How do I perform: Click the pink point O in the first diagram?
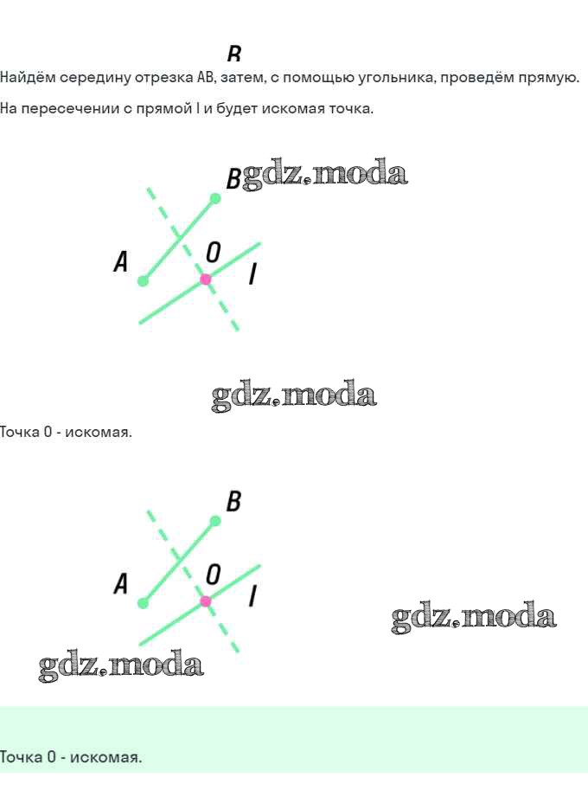click(x=206, y=279)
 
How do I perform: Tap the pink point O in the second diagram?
click(x=206, y=601)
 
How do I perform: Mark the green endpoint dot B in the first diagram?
click(x=215, y=198)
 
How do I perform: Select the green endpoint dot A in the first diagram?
click(x=144, y=280)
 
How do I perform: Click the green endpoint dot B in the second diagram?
click(x=215, y=521)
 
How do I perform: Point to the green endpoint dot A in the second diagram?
click(x=144, y=603)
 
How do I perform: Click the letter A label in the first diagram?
click(x=121, y=261)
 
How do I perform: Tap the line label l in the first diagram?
click(x=252, y=274)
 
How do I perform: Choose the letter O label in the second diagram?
click(x=214, y=575)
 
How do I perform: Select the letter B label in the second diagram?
click(x=233, y=501)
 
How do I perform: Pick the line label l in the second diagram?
click(x=252, y=597)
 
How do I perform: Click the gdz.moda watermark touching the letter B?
click(x=324, y=175)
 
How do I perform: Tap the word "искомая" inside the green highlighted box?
click(x=105, y=757)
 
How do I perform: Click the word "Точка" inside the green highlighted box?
click(x=20, y=757)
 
